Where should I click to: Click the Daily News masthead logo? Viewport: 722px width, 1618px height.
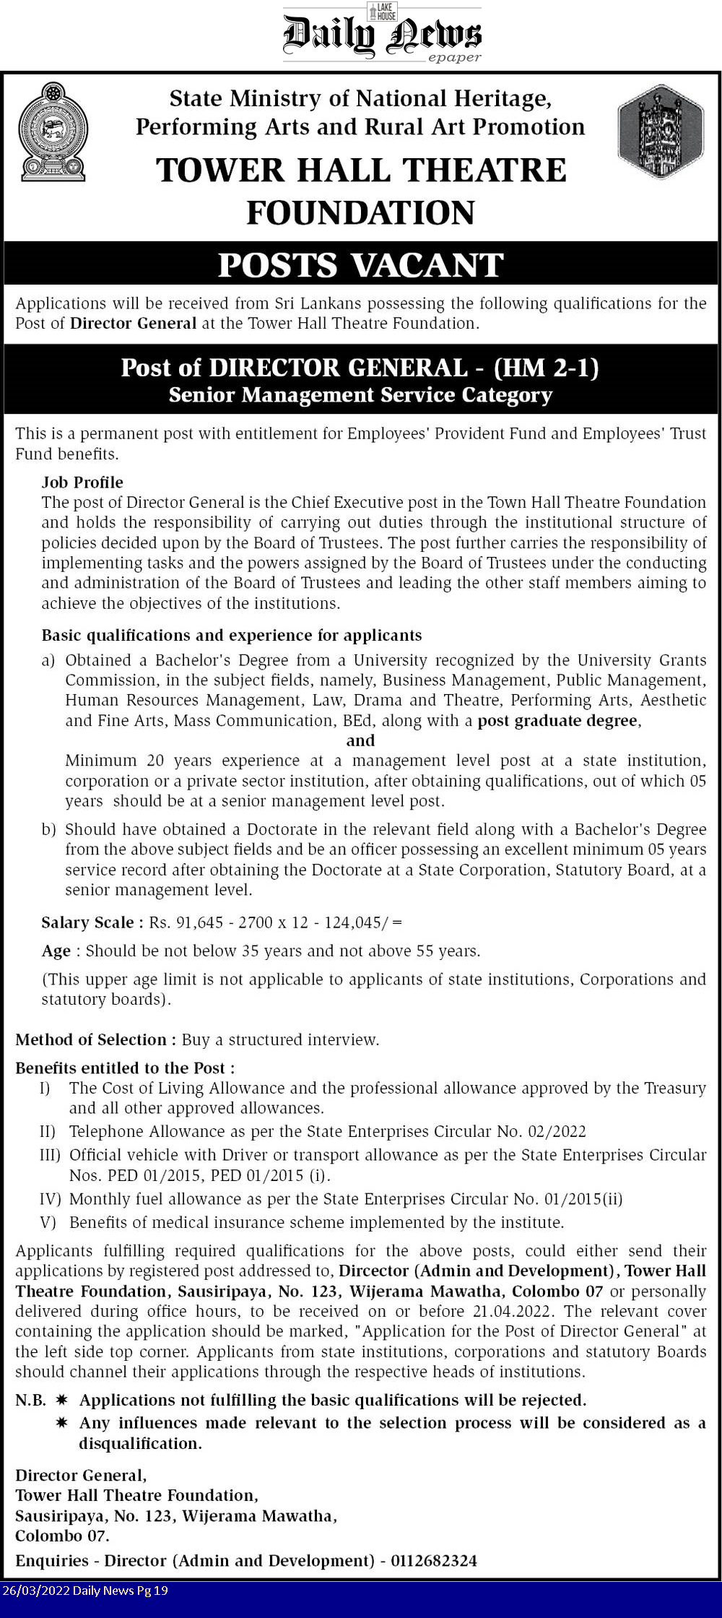382,34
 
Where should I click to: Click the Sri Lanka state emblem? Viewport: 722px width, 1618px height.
53,132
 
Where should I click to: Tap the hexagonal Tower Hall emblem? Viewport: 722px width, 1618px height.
660,131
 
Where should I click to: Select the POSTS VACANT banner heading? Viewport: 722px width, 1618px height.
360,264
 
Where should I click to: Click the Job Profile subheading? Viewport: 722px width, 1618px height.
82,482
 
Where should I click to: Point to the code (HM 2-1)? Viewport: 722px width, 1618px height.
547,368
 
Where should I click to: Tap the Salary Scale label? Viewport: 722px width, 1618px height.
87,922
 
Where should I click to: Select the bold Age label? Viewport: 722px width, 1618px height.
56,951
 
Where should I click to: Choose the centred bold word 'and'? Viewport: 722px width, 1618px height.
360,740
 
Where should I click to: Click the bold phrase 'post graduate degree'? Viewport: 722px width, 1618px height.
557,720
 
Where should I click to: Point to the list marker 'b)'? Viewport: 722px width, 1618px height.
48,829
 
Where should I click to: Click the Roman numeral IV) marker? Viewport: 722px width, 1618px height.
50,1199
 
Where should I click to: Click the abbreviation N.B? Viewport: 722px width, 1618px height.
30,1400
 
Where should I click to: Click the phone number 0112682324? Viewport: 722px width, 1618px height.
434,1560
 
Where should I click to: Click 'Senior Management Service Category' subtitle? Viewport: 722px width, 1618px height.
360,395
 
